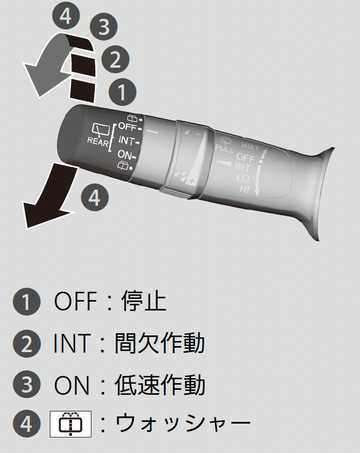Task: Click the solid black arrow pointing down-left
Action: [49, 196]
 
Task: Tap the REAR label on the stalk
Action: [98, 141]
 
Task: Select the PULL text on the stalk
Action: [224, 149]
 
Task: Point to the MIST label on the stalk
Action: [250, 146]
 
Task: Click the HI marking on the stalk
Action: [244, 190]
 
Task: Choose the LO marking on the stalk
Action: [243, 177]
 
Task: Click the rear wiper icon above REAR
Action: [101, 129]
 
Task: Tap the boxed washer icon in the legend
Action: [70, 424]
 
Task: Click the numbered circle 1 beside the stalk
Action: [122, 92]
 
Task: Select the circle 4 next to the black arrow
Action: [95, 197]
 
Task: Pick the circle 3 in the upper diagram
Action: [104, 27]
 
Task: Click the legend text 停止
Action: [144, 301]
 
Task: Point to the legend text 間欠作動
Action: [160, 343]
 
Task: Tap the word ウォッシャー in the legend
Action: [183, 424]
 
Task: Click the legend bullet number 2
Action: [26, 344]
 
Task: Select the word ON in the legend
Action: [71, 385]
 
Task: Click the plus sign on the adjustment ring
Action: [192, 181]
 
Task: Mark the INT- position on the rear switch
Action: [128, 141]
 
